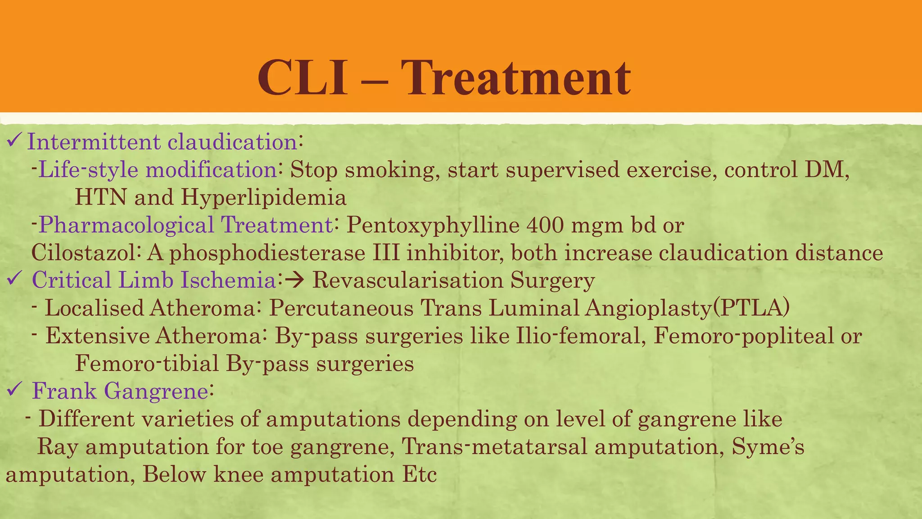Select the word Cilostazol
coord(84,252)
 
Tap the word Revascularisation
coord(407,280)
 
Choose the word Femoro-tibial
coord(147,364)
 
